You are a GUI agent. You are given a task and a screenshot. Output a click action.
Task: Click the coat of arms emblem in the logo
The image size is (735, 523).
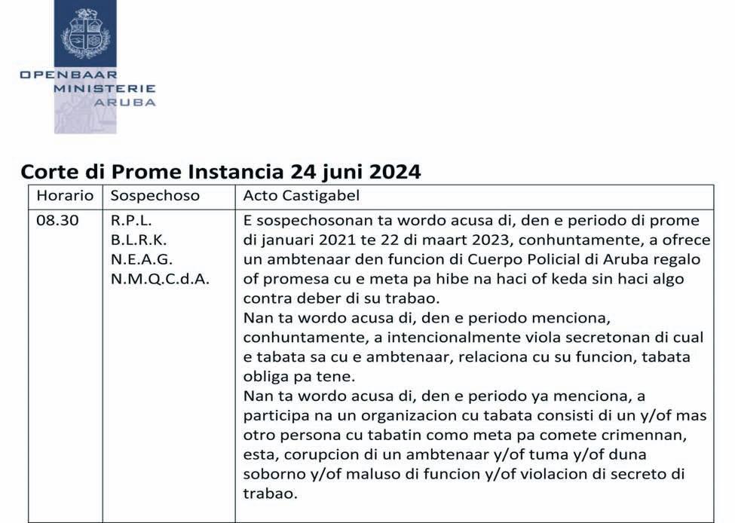[x=85, y=33]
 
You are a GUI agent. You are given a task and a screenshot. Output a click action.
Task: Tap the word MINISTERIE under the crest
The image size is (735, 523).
[x=104, y=88]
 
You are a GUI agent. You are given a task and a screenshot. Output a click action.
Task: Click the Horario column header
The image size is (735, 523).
[x=65, y=195]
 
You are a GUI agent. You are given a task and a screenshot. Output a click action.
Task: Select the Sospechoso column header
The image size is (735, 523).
[x=155, y=195]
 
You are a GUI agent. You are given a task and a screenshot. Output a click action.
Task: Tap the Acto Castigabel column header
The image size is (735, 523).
[x=301, y=195]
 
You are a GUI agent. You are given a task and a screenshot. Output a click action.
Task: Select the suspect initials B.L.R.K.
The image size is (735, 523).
[x=139, y=240]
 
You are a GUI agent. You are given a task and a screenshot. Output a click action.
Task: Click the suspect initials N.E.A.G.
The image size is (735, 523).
[x=142, y=258]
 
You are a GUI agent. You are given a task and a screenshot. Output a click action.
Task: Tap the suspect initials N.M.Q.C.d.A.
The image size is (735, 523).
[x=161, y=278]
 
